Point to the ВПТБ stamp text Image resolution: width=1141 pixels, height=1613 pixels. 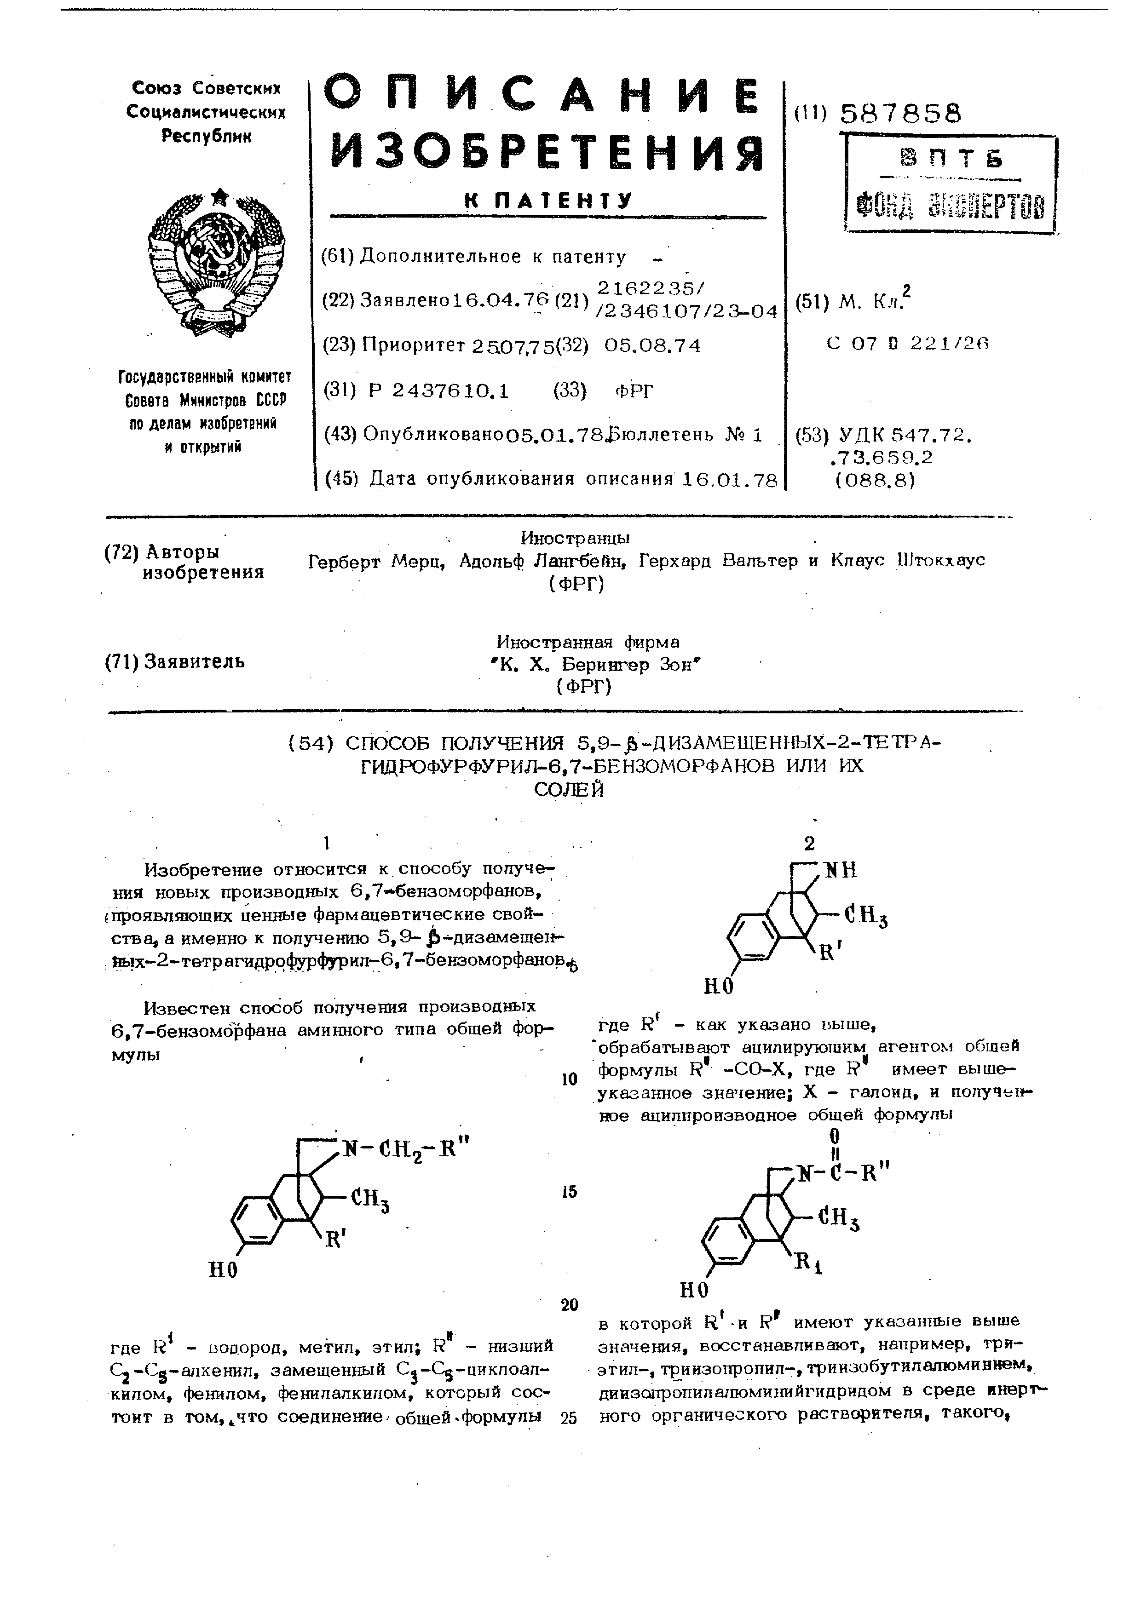951,160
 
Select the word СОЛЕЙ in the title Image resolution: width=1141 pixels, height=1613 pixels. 568,790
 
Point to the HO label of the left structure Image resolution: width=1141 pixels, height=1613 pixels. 224,1270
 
